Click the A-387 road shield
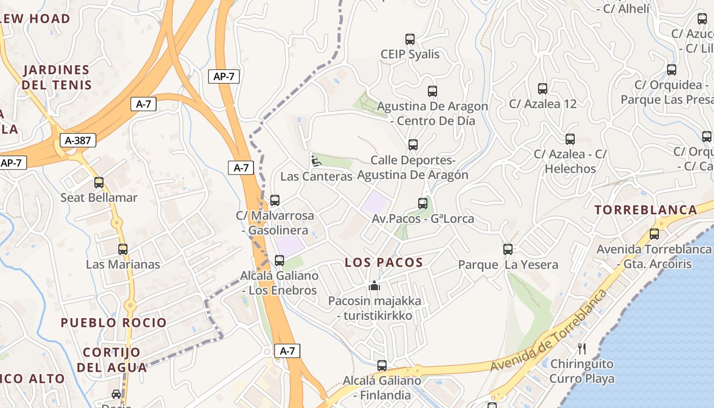(78, 140)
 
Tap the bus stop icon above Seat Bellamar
(99, 183)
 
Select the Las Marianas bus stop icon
(123, 249)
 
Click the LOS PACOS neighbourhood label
(384, 263)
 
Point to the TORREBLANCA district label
(646, 210)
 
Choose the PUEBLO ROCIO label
(114, 323)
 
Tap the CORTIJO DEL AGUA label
(112, 360)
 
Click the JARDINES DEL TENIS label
(57, 77)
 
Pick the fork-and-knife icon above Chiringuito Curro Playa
(582, 349)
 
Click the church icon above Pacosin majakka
(375, 286)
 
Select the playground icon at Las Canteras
(316, 161)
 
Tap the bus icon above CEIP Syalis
(410, 39)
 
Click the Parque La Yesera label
(508, 265)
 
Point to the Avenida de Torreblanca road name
(549, 331)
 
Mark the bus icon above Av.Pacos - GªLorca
(423, 203)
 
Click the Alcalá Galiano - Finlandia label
(382, 388)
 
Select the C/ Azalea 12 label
(543, 104)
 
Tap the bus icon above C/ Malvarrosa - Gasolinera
(275, 200)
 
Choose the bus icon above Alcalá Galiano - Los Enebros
(279, 261)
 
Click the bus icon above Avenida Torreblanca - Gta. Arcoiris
(654, 234)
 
